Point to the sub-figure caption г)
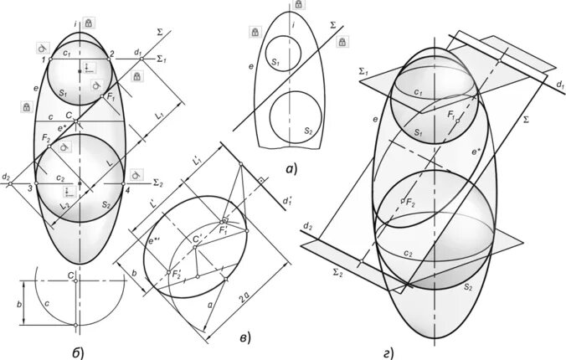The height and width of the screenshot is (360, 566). pyautogui.click(x=388, y=353)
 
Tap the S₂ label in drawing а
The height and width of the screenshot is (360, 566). pyautogui.click(x=307, y=131)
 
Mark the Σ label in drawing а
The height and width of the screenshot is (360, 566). pyautogui.click(x=334, y=26)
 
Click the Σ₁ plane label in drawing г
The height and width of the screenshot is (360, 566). pyautogui.click(x=363, y=72)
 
